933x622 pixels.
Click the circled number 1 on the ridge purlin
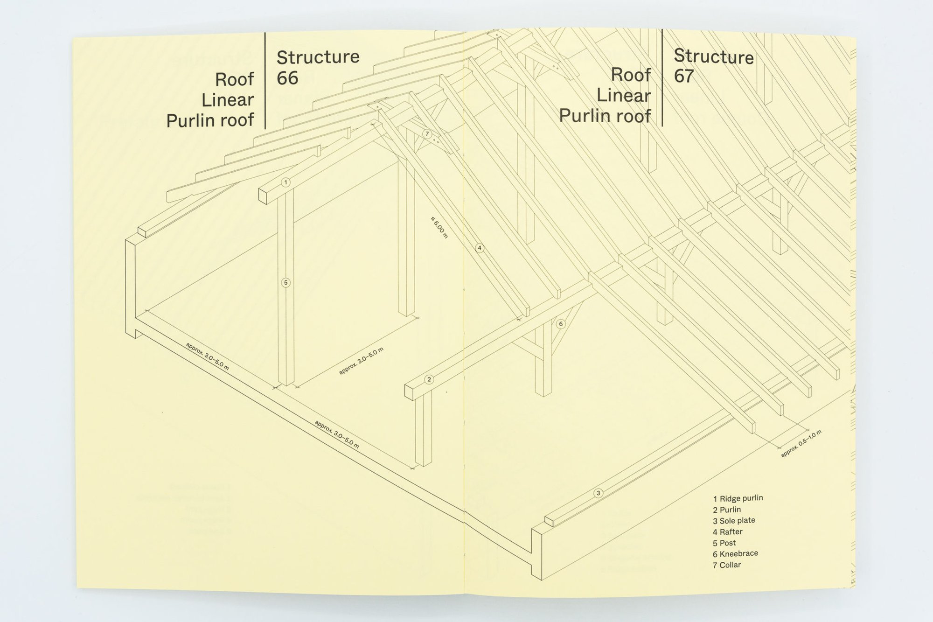[x=286, y=182]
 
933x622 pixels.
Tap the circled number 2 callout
[x=429, y=379]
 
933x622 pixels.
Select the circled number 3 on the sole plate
[x=599, y=493]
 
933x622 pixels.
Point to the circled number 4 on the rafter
[x=480, y=248]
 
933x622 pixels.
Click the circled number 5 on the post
[x=286, y=282]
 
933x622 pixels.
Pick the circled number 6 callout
[x=561, y=324]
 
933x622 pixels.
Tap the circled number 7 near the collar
[x=427, y=134]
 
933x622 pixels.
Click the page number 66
[x=287, y=78]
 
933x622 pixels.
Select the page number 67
[x=684, y=76]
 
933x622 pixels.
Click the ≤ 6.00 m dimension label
[x=439, y=228]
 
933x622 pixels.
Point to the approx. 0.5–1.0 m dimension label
[x=801, y=443]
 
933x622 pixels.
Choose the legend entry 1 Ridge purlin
[x=738, y=498]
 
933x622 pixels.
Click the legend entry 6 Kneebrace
[x=735, y=554]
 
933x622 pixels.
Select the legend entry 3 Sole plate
[x=734, y=521]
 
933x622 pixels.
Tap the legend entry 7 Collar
[x=727, y=565]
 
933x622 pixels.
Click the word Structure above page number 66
[x=318, y=57]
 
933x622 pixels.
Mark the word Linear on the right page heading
[x=624, y=96]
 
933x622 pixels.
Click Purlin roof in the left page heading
[x=210, y=120]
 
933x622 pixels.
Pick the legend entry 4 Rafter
[x=727, y=532]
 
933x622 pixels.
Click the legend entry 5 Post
[x=724, y=543]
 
